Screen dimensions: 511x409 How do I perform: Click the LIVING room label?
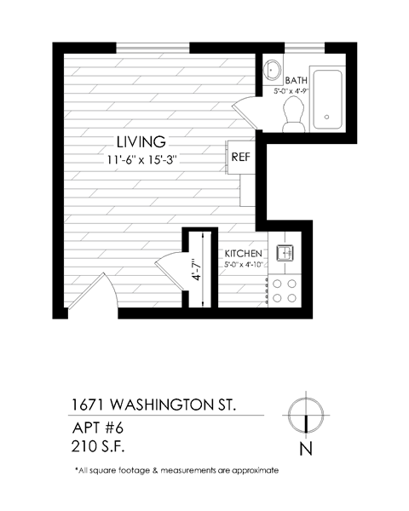(141, 141)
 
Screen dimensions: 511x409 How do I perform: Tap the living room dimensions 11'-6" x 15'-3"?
(141, 158)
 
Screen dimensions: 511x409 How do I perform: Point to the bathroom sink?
(274, 68)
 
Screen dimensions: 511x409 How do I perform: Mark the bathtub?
(327, 98)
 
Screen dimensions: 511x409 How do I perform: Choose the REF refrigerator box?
(239, 157)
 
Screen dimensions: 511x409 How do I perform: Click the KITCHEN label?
(243, 254)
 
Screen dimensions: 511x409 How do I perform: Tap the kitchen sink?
(285, 253)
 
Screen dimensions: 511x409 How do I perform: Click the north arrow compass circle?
(304, 413)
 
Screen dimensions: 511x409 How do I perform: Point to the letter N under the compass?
(305, 449)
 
